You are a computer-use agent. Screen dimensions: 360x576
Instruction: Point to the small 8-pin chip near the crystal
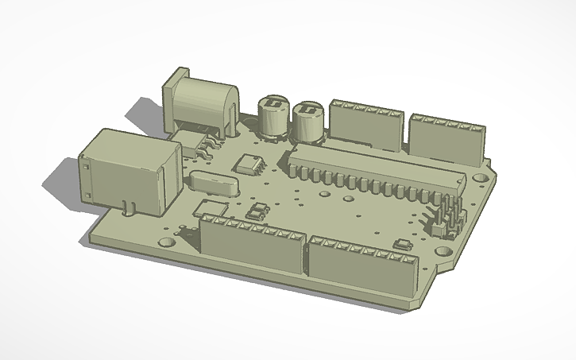(x=250, y=165)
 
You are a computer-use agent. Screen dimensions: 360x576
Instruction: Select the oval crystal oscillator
(x=213, y=184)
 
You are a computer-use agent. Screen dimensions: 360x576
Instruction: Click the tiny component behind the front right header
(x=402, y=243)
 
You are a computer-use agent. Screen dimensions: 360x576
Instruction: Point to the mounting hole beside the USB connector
(x=165, y=239)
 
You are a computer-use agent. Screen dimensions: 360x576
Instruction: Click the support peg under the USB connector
(x=127, y=208)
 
